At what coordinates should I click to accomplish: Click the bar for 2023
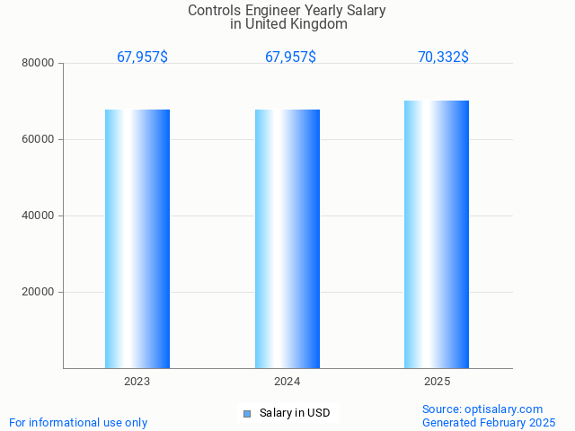click(x=137, y=239)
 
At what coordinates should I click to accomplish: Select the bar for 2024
click(x=287, y=239)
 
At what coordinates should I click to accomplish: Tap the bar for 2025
click(x=437, y=234)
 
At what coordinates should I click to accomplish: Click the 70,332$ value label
click(x=443, y=57)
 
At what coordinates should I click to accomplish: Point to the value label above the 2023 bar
click(x=142, y=57)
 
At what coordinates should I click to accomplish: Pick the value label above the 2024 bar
click(x=290, y=57)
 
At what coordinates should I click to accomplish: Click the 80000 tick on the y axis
click(x=40, y=64)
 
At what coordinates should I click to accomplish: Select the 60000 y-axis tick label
click(x=40, y=140)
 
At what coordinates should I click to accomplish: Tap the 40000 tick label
click(x=40, y=216)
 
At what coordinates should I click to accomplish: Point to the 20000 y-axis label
click(x=40, y=293)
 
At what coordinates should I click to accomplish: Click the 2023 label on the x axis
click(x=137, y=382)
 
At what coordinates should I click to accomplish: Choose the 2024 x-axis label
click(x=287, y=382)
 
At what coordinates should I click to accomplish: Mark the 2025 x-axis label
click(x=437, y=382)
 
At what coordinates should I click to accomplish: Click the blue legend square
click(x=247, y=414)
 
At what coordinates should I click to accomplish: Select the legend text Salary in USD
click(x=295, y=413)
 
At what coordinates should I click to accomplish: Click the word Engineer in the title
click(x=271, y=11)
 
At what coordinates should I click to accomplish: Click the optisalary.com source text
click(x=482, y=409)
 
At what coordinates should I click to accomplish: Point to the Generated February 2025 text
click(x=489, y=422)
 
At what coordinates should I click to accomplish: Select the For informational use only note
click(x=78, y=422)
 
